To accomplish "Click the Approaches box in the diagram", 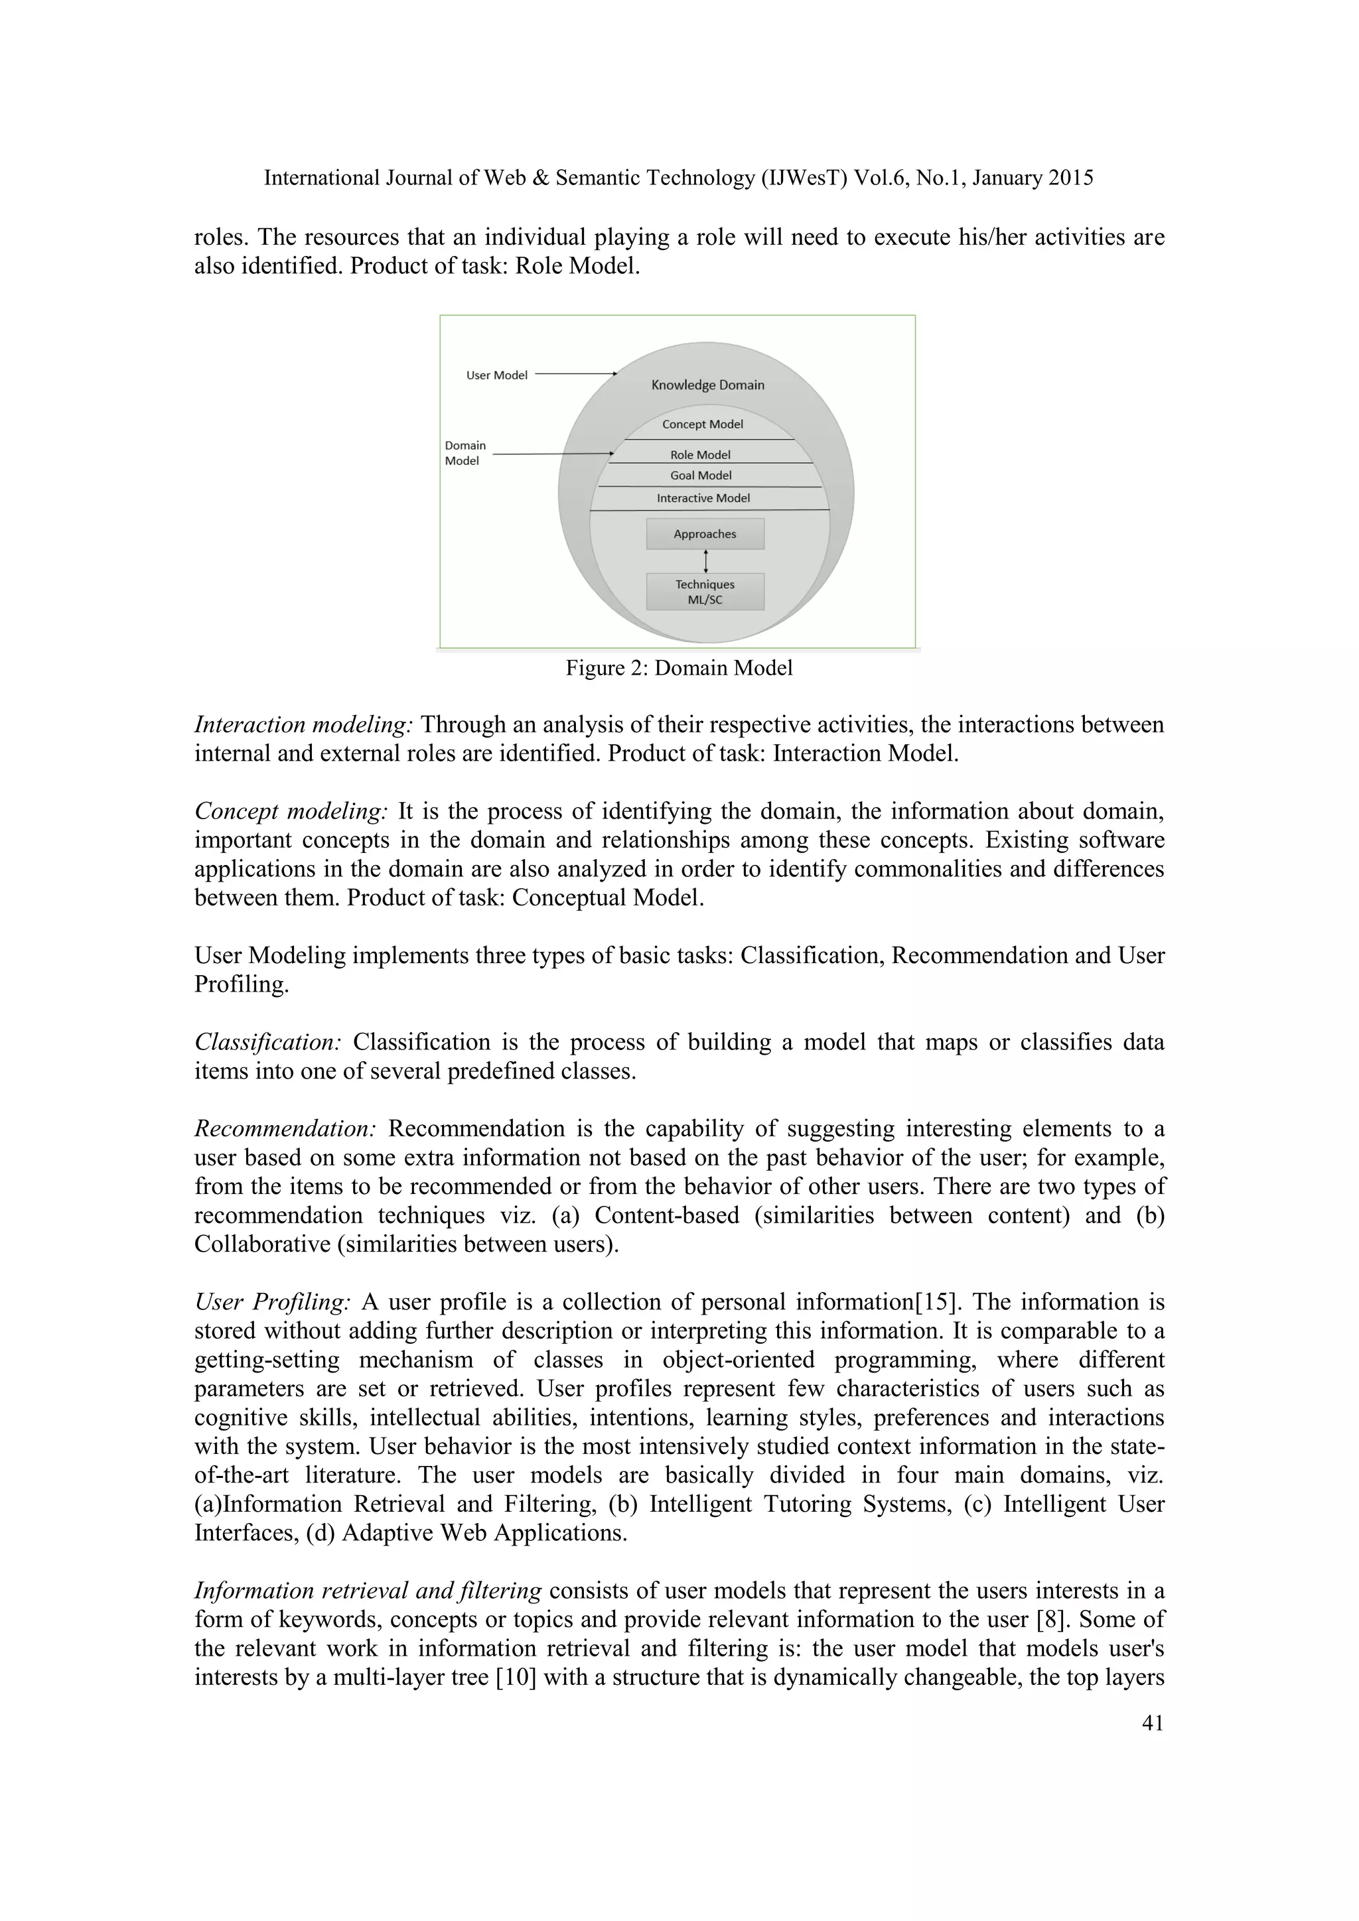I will [705, 534].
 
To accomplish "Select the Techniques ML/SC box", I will [705, 592].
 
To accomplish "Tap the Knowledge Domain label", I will [707, 385].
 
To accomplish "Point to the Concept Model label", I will [702, 424].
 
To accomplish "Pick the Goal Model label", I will [701, 475].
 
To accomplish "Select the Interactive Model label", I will [703, 497].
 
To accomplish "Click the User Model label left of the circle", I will [496, 375].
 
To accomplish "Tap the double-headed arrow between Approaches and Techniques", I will [706, 561].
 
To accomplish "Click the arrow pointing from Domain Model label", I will [552, 454].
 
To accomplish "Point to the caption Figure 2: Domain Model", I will [679, 669].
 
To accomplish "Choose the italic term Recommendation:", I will [285, 1129].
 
